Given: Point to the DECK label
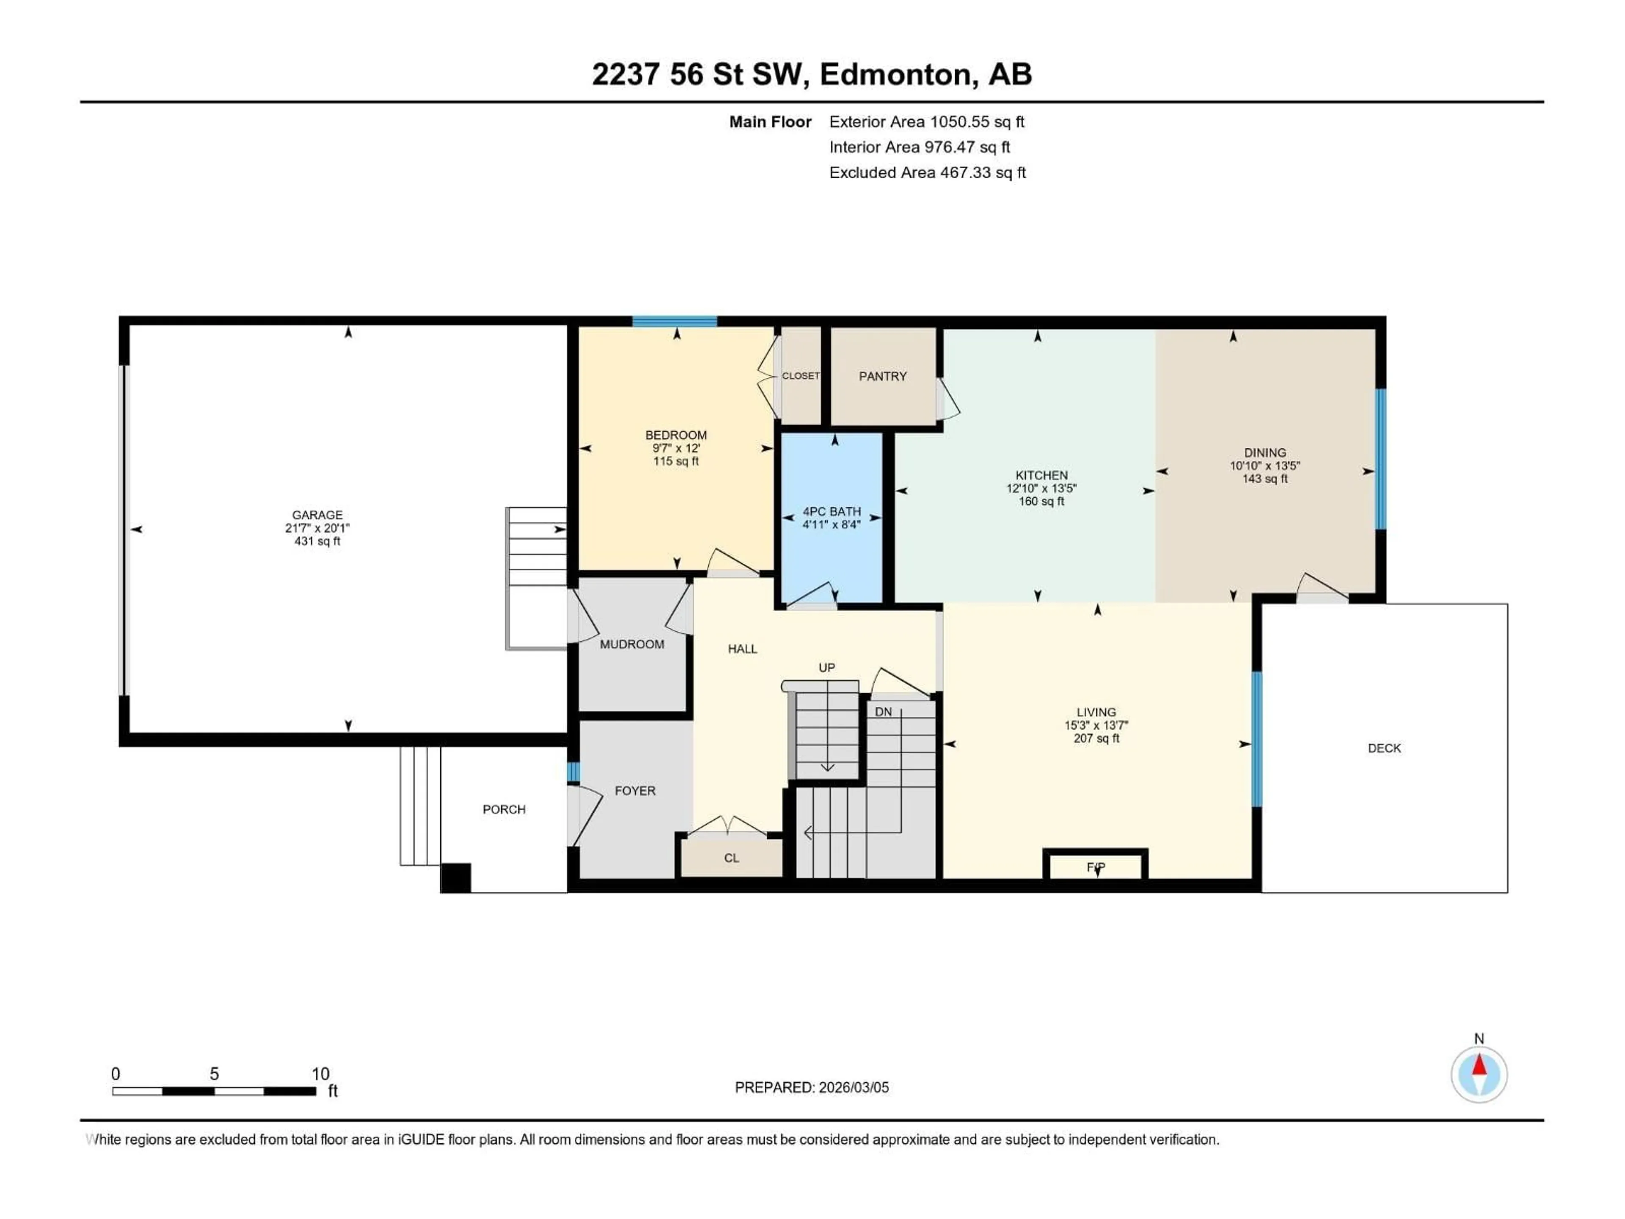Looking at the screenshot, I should pyautogui.click(x=1384, y=748).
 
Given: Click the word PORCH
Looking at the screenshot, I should pyautogui.click(x=504, y=809).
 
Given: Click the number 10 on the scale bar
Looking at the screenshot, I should pyautogui.click(x=320, y=1073).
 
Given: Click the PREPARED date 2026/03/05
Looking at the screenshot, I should pyautogui.click(x=812, y=1087).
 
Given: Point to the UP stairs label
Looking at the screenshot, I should pyautogui.click(x=826, y=667).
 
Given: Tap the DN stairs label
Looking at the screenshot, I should pyautogui.click(x=883, y=711).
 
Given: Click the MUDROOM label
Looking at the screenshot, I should pyautogui.click(x=632, y=644).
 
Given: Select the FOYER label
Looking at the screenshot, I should pyautogui.click(x=635, y=791).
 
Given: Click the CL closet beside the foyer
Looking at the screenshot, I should pyautogui.click(x=731, y=858).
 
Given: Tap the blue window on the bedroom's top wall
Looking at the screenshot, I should pyautogui.click(x=675, y=321).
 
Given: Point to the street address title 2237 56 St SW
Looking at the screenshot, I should pyautogui.click(x=700, y=74).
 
